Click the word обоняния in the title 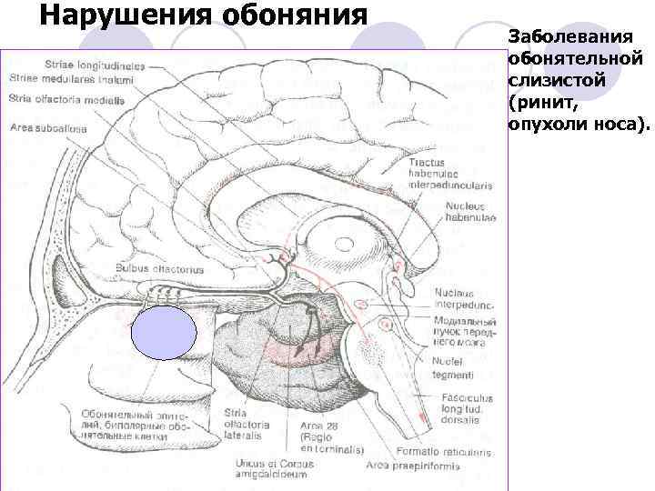point(290,15)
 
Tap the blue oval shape point(164,334)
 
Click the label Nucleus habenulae point(471,211)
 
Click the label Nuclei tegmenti point(454,367)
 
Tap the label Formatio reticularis point(456,450)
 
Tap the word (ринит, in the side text point(544,103)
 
